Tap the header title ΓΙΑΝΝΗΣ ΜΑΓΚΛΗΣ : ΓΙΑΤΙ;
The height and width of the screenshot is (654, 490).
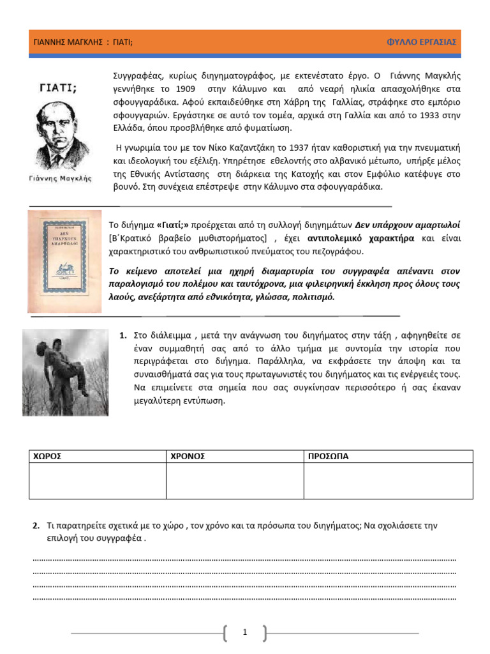[x=84, y=42]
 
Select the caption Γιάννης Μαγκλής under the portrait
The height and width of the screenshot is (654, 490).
[x=61, y=179]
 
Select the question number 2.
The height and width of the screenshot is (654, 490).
[x=36, y=525]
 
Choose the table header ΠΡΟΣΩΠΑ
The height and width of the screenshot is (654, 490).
[x=329, y=457]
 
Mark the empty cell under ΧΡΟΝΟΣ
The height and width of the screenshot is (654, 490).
[x=234, y=481]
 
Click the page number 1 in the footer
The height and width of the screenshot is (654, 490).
[x=245, y=632]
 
